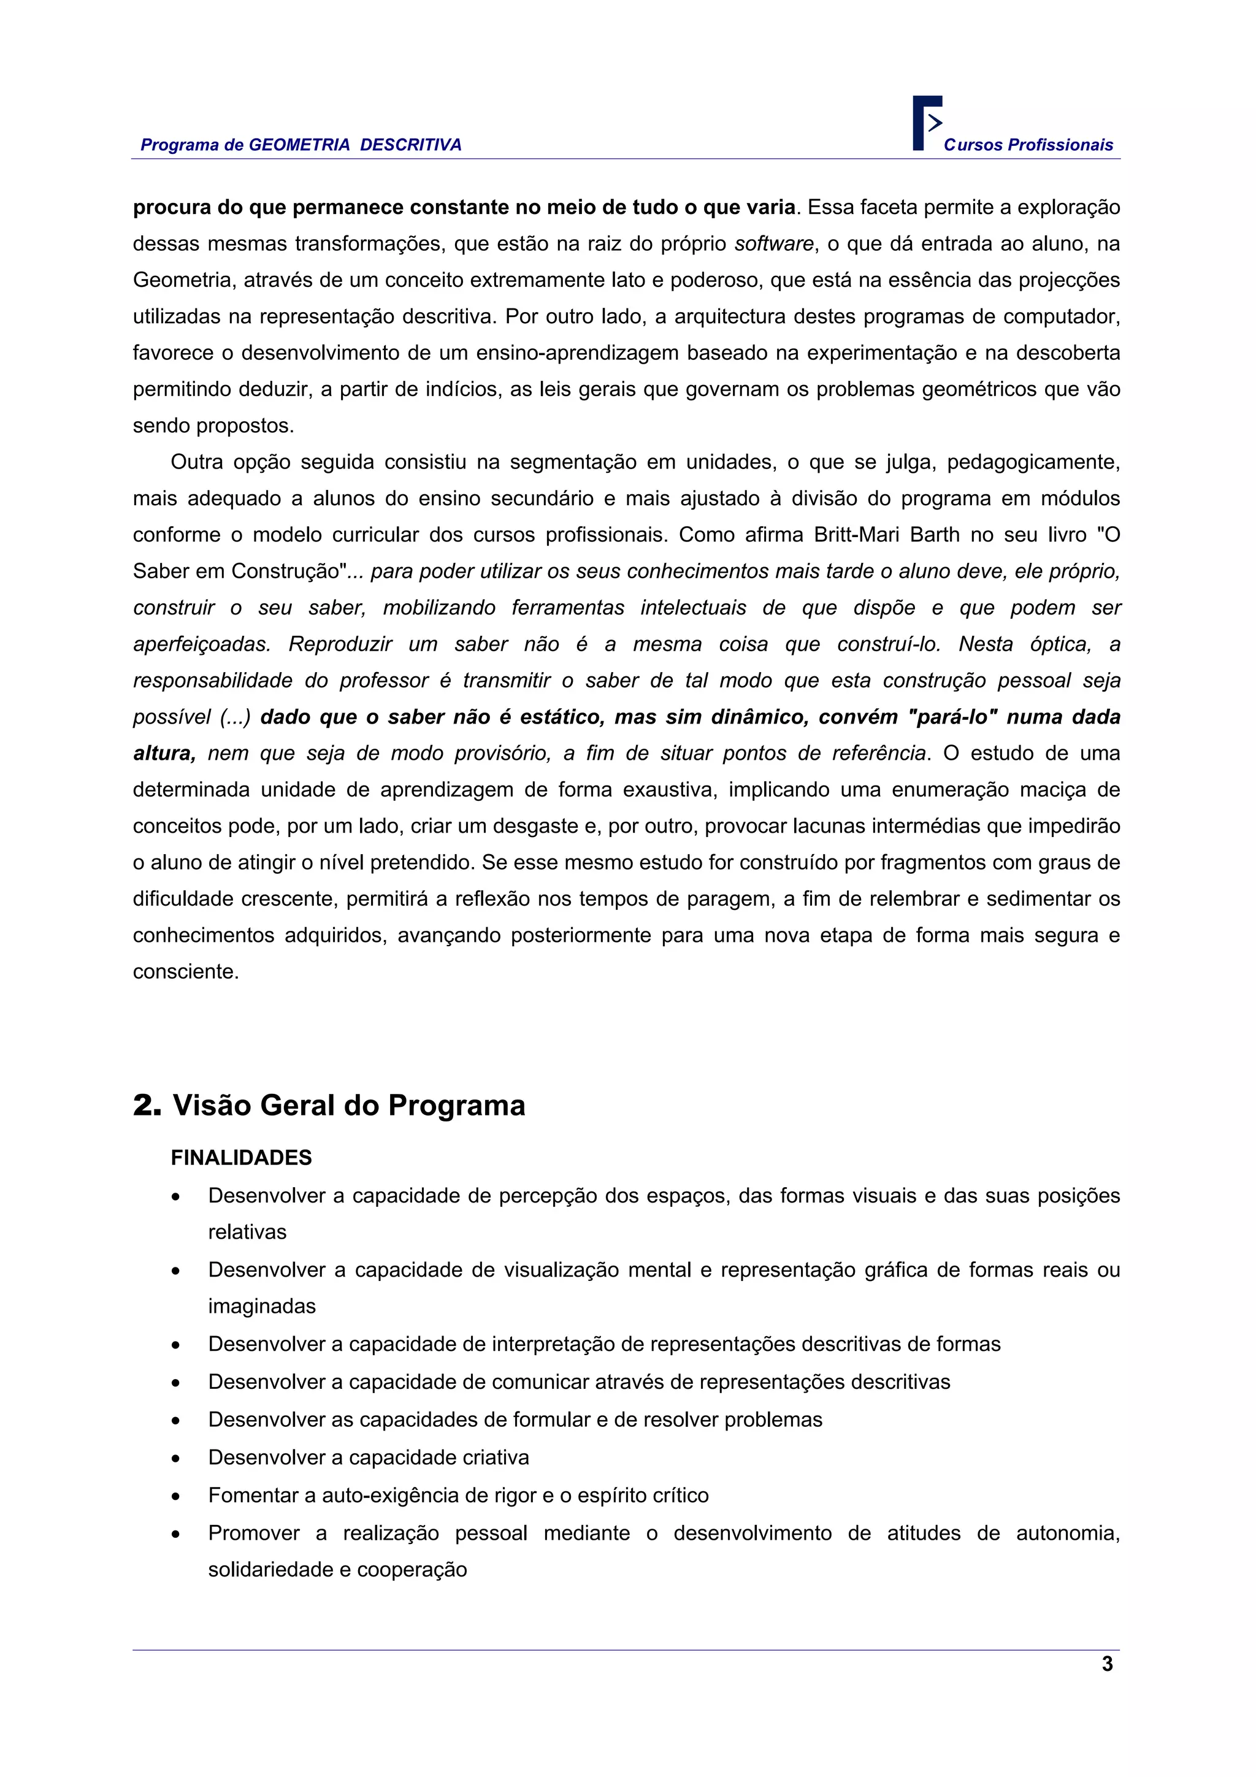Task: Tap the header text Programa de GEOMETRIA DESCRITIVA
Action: click(x=301, y=145)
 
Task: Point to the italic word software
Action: click(x=774, y=244)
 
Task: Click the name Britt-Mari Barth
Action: click(x=887, y=535)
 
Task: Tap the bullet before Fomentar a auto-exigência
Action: click(x=177, y=1496)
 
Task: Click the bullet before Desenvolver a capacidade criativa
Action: click(x=177, y=1458)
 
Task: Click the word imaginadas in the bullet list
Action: click(x=262, y=1307)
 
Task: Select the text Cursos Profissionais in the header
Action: click(x=1028, y=145)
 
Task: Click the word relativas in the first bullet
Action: click(x=247, y=1232)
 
